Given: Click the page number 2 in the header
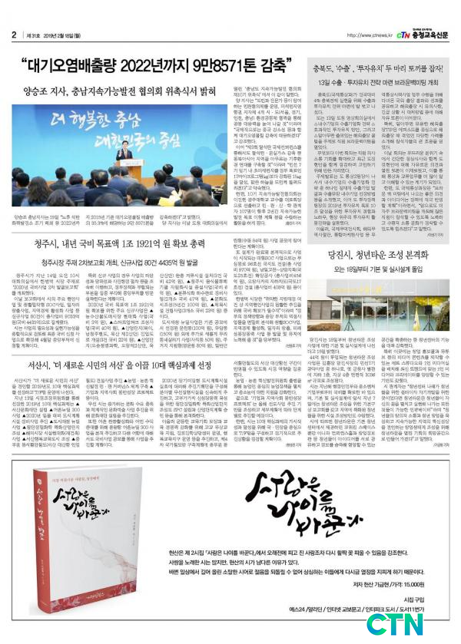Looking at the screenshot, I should pyautogui.click(x=14, y=35).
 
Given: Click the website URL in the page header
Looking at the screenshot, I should pyautogui.click(x=370, y=35).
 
